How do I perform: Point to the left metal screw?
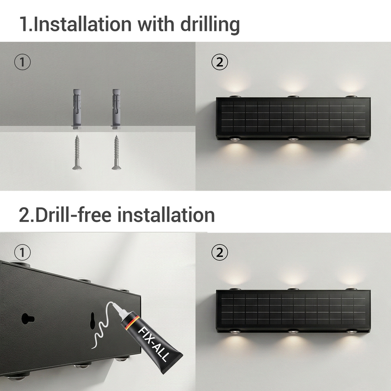[x=77, y=152]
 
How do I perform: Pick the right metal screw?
[x=116, y=152]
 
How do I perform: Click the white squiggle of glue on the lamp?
[x=101, y=330]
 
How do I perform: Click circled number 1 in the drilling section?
[x=22, y=62]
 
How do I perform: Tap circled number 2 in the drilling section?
[x=219, y=62]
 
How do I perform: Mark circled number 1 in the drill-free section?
[x=22, y=253]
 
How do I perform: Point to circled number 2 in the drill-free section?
[x=219, y=253]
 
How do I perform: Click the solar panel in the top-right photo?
[x=292, y=117]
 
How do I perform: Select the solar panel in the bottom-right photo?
[x=292, y=309]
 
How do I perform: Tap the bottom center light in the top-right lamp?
[x=292, y=140]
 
